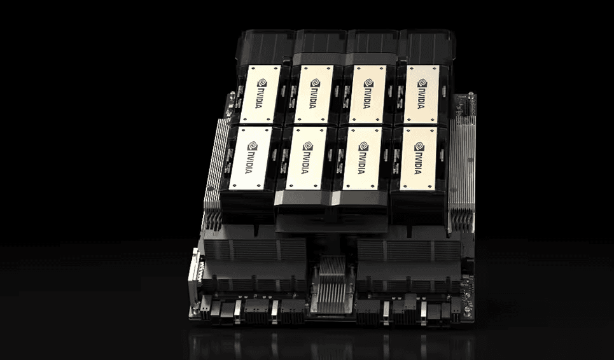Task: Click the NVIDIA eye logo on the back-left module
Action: click(262, 83)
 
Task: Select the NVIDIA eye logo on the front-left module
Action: click(253, 146)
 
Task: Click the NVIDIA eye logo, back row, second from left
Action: click(315, 83)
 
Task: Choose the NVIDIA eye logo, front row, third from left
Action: click(363, 146)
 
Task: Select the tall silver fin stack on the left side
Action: click(215, 164)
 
